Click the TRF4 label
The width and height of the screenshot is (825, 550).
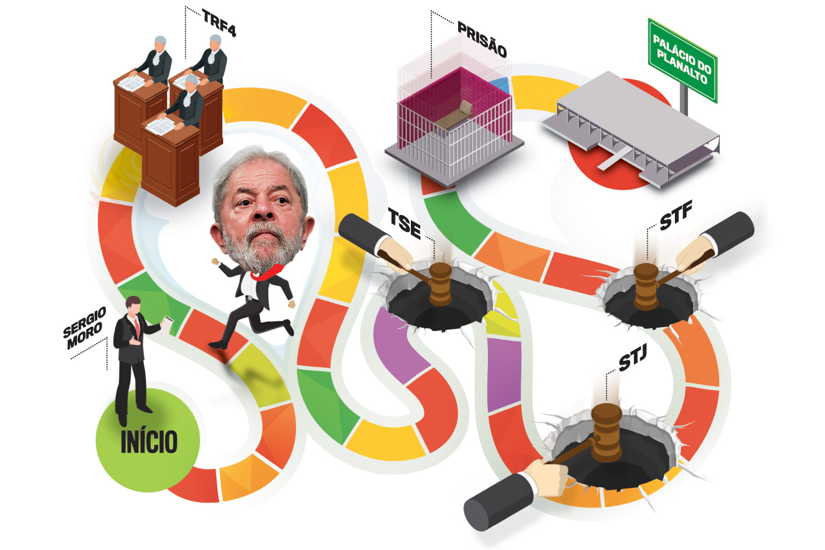click(219, 23)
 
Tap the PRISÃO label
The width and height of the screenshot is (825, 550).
click(482, 39)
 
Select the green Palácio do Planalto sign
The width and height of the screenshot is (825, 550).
click(683, 60)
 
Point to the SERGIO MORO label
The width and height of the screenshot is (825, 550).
click(85, 328)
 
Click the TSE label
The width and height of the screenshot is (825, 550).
click(404, 223)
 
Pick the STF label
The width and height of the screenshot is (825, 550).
click(676, 216)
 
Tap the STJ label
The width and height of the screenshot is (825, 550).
click(632, 358)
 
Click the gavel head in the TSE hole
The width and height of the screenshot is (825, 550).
click(441, 284)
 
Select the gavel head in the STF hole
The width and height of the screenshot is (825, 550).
click(646, 287)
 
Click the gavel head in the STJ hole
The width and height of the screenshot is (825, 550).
click(606, 432)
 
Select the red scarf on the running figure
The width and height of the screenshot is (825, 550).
click(267, 273)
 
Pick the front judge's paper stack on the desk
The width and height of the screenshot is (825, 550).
click(161, 126)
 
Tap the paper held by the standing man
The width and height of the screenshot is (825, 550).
click(168, 326)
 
